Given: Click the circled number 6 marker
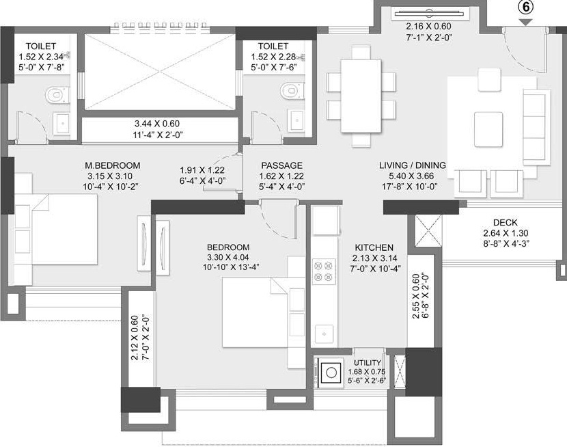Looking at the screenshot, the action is tap(526, 8).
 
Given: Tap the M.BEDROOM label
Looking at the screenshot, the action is tap(113, 165).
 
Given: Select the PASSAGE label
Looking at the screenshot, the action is tap(281, 165).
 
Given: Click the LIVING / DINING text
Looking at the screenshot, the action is tap(412, 165).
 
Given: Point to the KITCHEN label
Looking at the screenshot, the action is tap(374, 247).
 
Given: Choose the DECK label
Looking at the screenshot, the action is tap(505, 223).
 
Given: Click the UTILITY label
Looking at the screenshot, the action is tap(368, 363).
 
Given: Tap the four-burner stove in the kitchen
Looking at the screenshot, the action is tap(323, 271).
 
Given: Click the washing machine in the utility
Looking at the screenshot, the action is tap(330, 372).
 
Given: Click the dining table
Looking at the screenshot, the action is tap(361, 96).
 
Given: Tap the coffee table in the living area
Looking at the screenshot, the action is tap(488, 129).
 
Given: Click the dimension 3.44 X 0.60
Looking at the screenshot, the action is tap(157, 124).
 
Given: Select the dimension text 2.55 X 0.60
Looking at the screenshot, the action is tap(416, 296).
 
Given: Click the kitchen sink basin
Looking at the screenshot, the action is tap(324, 334).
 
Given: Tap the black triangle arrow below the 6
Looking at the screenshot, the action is tap(526, 22).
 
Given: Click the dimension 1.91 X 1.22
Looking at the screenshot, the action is tap(202, 170).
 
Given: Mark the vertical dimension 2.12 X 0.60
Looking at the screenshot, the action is tap(135, 338).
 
